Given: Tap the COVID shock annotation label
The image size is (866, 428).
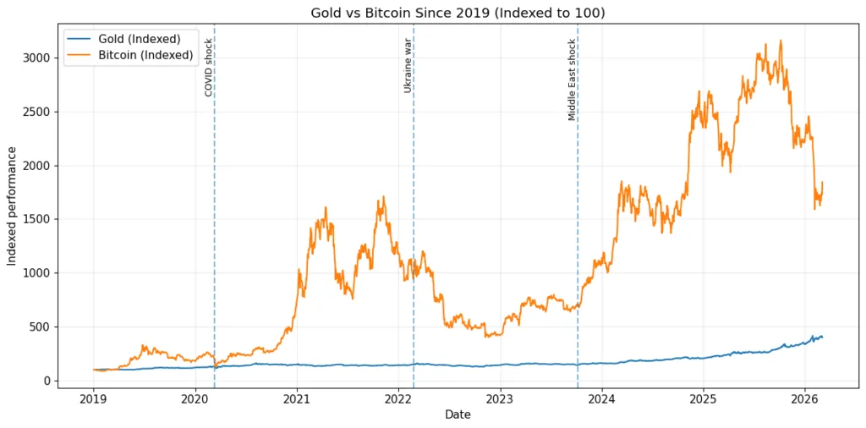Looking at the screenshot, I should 209,68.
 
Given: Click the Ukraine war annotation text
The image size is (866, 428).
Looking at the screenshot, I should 408,65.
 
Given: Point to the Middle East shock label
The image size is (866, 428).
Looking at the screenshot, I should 573,80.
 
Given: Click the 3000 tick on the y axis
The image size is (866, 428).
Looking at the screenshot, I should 37,58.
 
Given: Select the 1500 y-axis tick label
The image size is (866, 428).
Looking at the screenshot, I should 37,219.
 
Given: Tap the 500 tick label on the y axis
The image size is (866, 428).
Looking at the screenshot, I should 41,326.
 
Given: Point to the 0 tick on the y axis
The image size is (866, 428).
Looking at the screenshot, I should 47,381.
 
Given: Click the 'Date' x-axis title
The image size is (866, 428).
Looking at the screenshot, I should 458,415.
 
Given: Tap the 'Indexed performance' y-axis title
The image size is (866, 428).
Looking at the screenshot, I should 13,206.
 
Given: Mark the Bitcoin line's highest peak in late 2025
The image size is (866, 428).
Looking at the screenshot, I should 781,41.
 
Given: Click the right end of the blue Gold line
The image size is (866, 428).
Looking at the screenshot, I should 822,337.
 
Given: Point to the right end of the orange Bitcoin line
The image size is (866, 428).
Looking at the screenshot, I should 822,182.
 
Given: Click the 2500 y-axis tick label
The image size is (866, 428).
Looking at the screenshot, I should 37,112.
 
